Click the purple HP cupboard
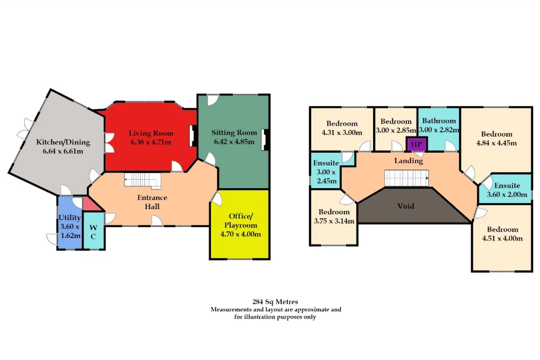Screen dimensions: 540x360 416,144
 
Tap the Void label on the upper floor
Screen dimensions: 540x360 406,206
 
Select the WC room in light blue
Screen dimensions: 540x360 94,230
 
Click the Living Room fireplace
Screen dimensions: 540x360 193,136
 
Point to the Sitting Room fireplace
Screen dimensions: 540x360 265,140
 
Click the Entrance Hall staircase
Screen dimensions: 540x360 143,181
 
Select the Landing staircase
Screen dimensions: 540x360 406,178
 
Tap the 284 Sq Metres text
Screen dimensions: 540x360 275,302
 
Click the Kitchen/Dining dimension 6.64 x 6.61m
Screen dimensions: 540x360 63,151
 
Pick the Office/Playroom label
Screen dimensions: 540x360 240,221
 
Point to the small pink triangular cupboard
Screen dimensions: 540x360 91,204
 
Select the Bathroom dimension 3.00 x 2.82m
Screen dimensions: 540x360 439,130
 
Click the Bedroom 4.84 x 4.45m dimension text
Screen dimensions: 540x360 497,143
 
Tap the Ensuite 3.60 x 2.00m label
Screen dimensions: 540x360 507,190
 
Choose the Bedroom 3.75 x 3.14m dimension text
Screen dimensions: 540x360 334,221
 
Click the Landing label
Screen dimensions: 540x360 409,161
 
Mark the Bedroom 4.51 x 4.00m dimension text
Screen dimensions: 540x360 502,238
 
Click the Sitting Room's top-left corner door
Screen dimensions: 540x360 213,100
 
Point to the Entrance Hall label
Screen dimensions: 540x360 152,202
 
